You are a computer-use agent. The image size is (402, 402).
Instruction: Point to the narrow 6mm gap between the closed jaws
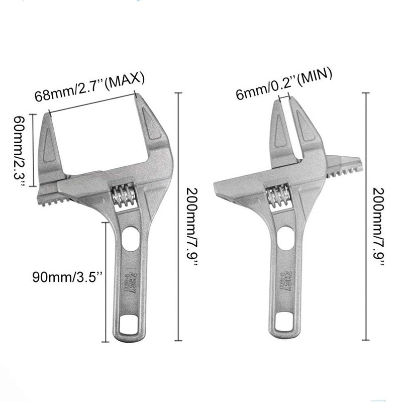tap(288, 121)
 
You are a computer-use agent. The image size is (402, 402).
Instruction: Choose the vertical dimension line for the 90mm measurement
tap(104, 281)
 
